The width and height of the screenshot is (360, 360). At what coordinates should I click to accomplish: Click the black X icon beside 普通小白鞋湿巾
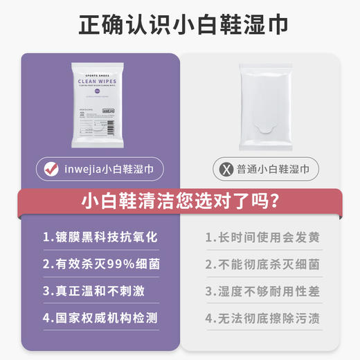(x=223, y=168)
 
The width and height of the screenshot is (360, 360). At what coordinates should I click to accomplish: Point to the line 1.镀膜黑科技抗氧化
(x=100, y=237)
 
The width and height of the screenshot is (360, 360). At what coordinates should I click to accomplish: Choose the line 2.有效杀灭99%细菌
(x=100, y=265)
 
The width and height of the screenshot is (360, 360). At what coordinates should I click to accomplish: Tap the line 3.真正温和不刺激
(x=93, y=291)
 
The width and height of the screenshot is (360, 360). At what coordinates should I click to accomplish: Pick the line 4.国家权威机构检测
(x=100, y=319)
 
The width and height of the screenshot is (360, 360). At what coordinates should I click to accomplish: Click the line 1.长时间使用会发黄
(x=262, y=237)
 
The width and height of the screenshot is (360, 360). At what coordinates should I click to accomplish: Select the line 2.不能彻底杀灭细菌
(x=262, y=265)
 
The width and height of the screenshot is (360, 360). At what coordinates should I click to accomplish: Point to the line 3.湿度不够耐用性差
(x=262, y=291)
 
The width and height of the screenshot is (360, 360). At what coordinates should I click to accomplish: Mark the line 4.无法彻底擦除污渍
(x=262, y=319)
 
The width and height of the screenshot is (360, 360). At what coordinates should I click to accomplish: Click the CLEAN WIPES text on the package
(x=98, y=81)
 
